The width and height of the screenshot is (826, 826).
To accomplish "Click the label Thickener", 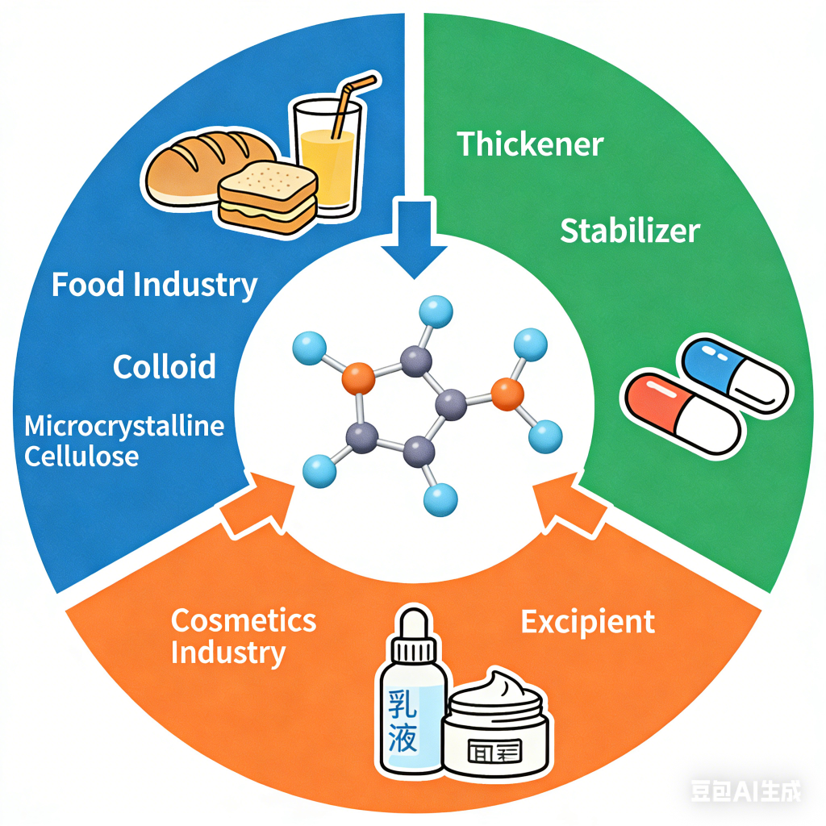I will pos(530,144).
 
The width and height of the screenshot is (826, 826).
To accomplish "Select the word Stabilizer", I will pos(629,232).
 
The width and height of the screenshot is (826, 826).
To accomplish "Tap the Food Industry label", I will pos(154,285).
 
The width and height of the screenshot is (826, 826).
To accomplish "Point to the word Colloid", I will pos(165,367).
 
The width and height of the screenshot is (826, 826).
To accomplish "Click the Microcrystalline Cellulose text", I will pos(124,440).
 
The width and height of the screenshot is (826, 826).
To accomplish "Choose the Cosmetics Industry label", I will pos(243,636).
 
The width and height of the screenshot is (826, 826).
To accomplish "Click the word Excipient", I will pos(587,622).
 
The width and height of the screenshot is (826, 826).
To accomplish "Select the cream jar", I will pos(497,730).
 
